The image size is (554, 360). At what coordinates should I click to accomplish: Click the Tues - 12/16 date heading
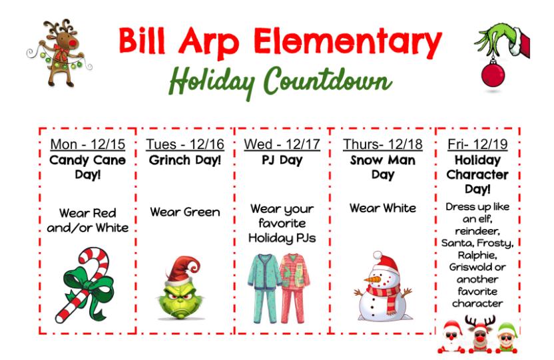click(x=185, y=144)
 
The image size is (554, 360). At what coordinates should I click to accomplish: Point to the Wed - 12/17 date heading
click(x=282, y=144)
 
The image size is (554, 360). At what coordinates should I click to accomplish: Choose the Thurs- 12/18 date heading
click(x=383, y=144)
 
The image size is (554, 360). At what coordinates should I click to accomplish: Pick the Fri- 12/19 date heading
click(x=477, y=144)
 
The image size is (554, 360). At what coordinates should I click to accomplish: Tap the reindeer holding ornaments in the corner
click(x=58, y=51)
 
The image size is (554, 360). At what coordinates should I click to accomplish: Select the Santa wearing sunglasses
click(x=451, y=337)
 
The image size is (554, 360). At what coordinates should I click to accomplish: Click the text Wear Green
click(x=185, y=212)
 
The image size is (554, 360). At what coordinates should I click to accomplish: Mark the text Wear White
click(x=383, y=208)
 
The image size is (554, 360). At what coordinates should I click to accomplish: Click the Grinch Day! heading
click(x=185, y=160)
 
